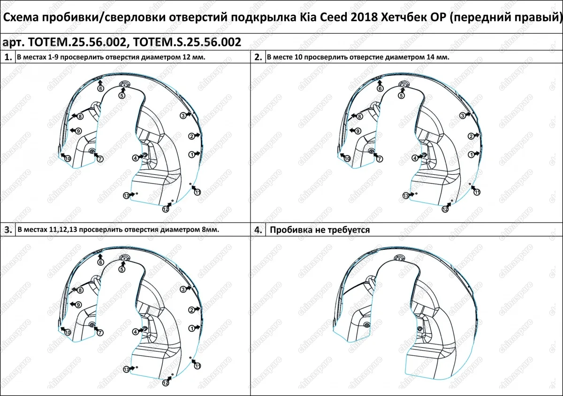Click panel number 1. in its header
tap(8, 57)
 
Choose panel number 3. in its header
tap(8, 230)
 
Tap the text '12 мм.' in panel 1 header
tap(196, 57)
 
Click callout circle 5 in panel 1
tap(122, 95)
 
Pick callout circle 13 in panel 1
tap(126, 195)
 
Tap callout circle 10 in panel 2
tap(347, 159)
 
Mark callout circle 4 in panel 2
tap(415, 158)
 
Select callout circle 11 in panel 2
tap(477, 192)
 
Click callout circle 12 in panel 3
tap(166, 383)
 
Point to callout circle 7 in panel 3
tap(100, 332)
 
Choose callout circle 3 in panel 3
tap(183, 290)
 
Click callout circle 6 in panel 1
tap(101, 88)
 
